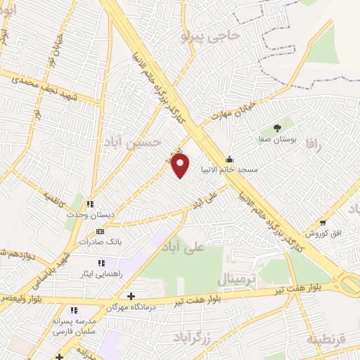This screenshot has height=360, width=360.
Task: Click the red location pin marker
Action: pos(181,166)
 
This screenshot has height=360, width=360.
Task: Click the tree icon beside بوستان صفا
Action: pos(277,127)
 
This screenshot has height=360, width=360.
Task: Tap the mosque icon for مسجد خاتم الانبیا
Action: pos(230,159)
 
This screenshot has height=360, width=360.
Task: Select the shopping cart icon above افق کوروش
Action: pos(322,221)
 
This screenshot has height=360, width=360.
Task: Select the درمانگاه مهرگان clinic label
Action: pos(131,307)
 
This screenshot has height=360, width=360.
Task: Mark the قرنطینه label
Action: pos(326,339)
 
